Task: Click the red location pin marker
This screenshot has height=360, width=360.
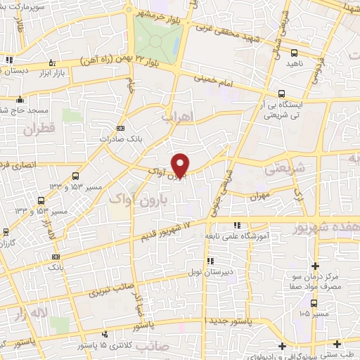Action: click(x=181, y=165)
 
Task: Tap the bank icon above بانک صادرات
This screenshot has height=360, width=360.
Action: click(x=120, y=127)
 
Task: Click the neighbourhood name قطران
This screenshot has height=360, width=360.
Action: click(x=39, y=130)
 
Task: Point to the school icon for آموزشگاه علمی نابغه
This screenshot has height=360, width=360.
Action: click(x=237, y=226)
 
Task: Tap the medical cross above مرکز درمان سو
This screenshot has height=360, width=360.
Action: click(x=316, y=266)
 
